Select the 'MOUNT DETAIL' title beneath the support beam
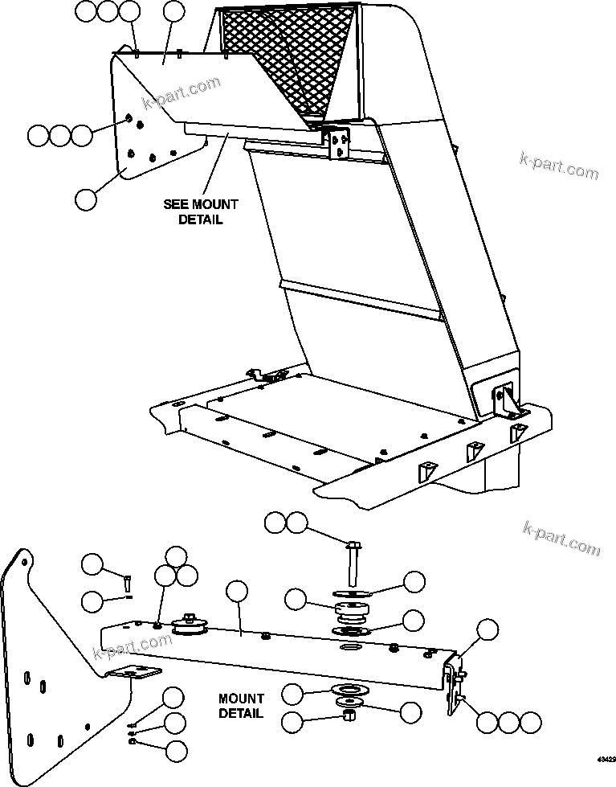click(x=240, y=706)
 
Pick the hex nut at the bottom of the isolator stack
click(x=349, y=715)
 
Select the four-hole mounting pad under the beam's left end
click(x=129, y=672)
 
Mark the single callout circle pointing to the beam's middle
click(x=237, y=592)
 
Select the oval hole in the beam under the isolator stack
click(x=351, y=647)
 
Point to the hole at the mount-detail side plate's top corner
click(x=27, y=561)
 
